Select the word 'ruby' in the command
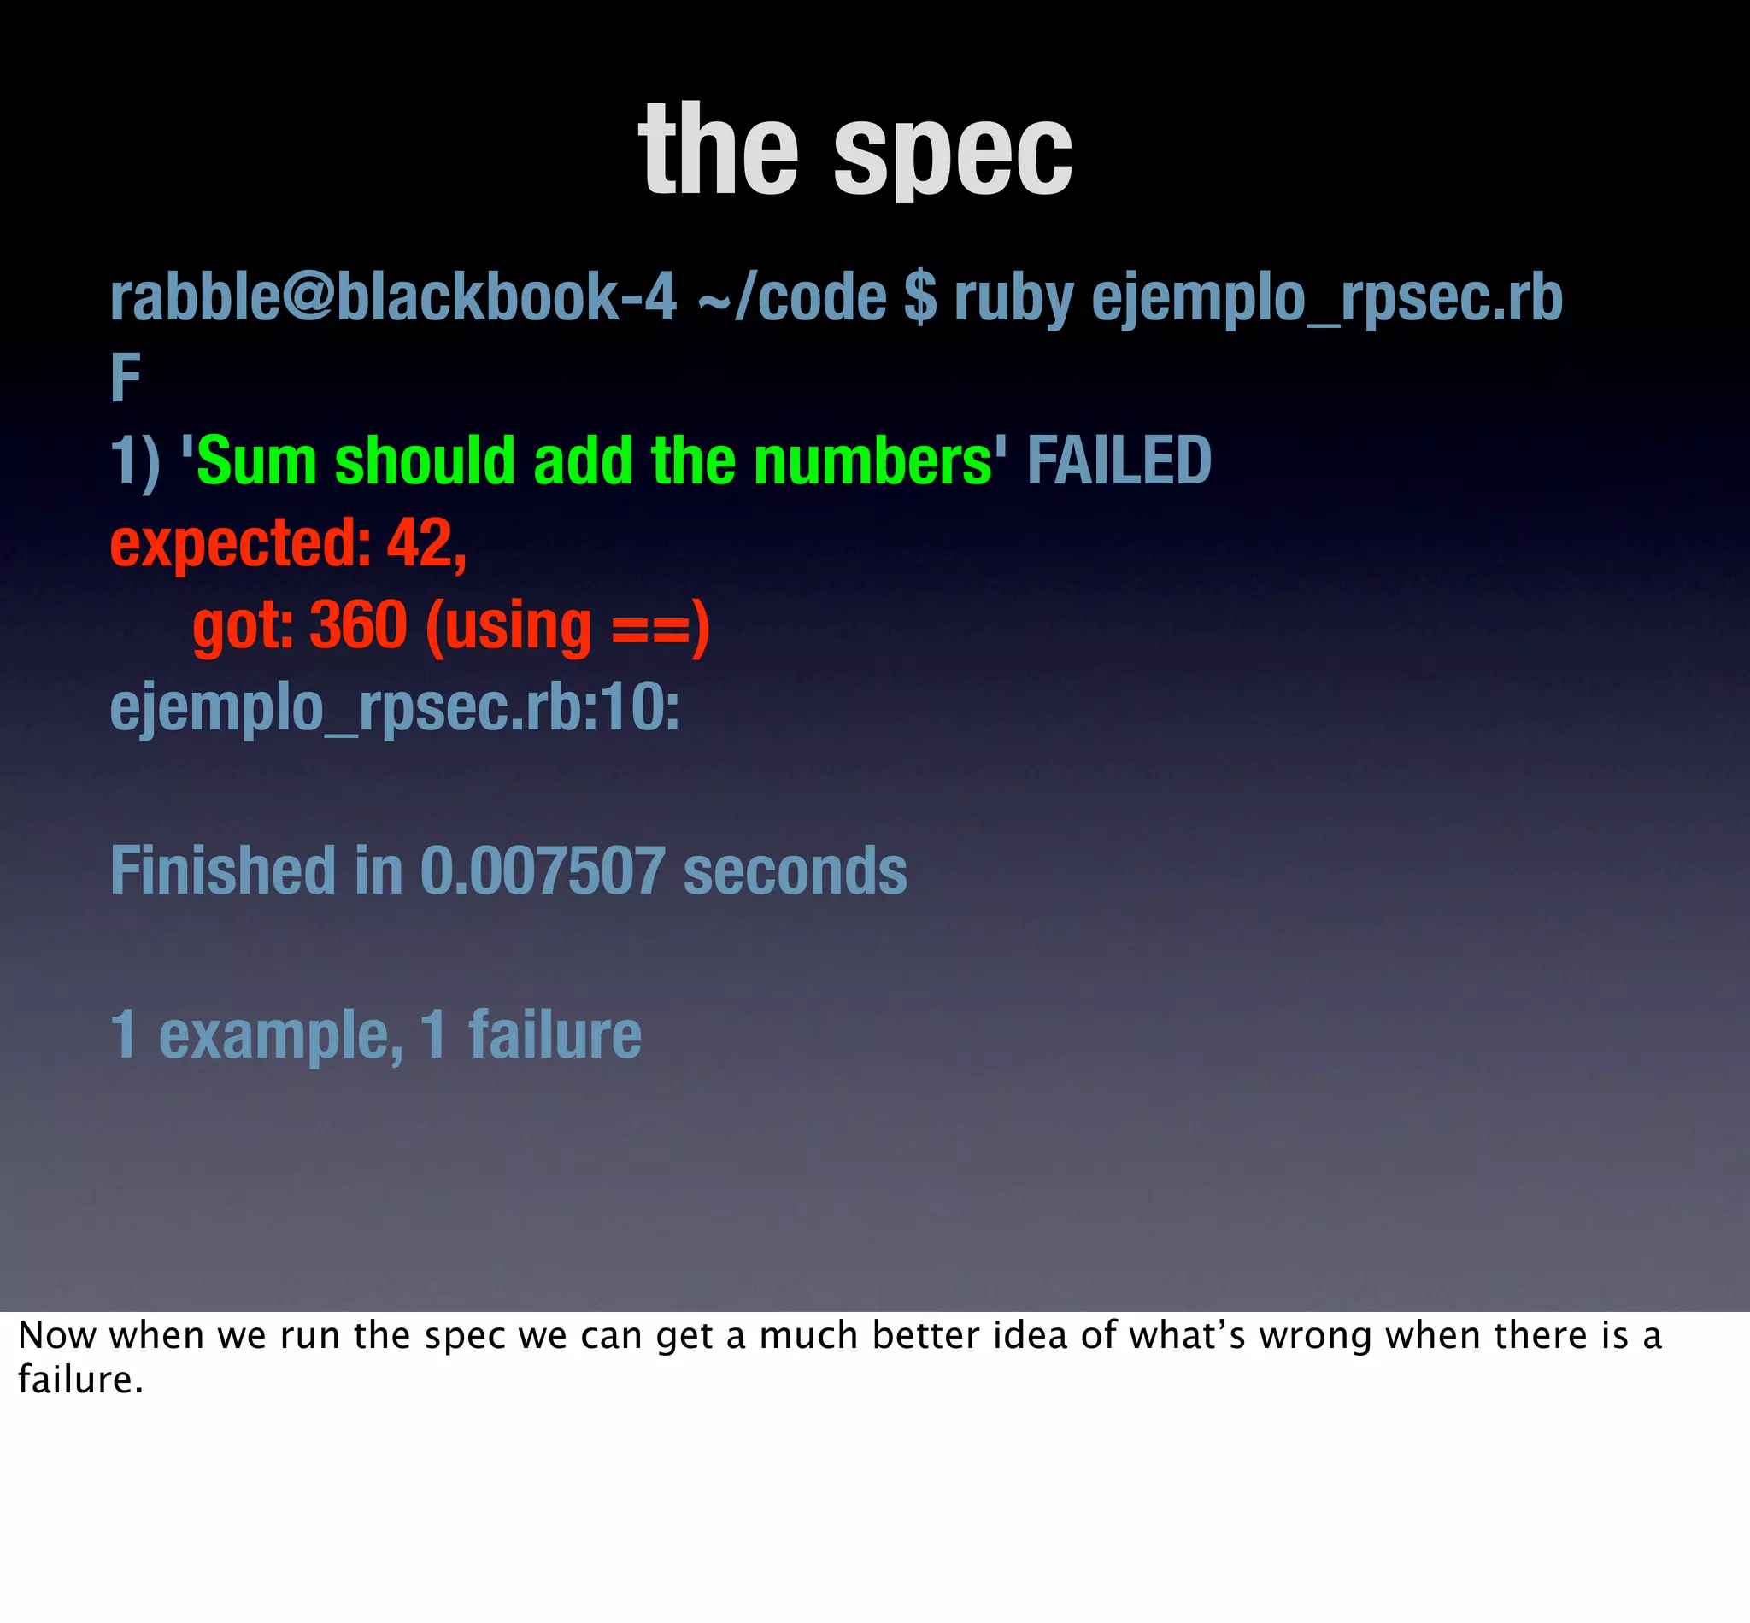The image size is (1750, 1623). click(x=1013, y=299)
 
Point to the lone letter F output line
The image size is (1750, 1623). click(x=126, y=378)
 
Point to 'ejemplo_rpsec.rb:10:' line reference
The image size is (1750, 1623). click(x=395, y=708)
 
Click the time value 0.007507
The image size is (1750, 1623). click(x=542, y=870)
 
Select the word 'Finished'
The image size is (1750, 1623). click(x=223, y=870)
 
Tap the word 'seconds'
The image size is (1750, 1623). click(x=794, y=870)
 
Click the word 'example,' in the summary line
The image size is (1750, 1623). click(x=280, y=1035)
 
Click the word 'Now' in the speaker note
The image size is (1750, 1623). click(x=56, y=1336)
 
